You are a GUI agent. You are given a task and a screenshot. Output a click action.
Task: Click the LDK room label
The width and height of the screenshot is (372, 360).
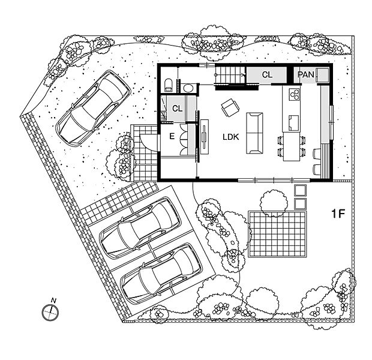[x=231, y=137]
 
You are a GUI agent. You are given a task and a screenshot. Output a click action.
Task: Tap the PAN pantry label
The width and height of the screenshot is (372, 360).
[x=305, y=75]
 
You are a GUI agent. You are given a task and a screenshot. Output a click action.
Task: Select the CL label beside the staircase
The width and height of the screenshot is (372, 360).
[x=267, y=75]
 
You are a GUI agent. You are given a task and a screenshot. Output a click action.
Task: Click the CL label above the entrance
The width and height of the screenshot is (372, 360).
[x=177, y=109]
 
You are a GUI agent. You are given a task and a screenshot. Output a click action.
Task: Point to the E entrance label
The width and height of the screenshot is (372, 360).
[x=172, y=137]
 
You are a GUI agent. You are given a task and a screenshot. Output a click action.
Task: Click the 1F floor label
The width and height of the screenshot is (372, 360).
[x=337, y=214]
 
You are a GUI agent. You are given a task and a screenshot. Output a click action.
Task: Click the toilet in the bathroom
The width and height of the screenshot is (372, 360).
[x=168, y=85]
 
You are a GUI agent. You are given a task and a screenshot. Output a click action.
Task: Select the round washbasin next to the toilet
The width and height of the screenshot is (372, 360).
[x=188, y=88]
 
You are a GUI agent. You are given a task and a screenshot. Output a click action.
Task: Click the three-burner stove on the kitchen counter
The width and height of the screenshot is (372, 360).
[x=295, y=94]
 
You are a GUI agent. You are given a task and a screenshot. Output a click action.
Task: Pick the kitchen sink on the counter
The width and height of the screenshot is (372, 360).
[x=293, y=122]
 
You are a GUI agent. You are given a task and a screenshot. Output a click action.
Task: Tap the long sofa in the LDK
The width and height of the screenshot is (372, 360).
[x=254, y=133]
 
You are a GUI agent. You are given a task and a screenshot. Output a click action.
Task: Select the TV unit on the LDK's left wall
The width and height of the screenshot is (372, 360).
[x=205, y=137]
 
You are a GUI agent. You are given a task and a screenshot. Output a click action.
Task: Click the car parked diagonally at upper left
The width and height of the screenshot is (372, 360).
[x=94, y=107]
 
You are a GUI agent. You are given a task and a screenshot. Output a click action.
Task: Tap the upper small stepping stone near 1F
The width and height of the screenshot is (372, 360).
[x=301, y=190]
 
